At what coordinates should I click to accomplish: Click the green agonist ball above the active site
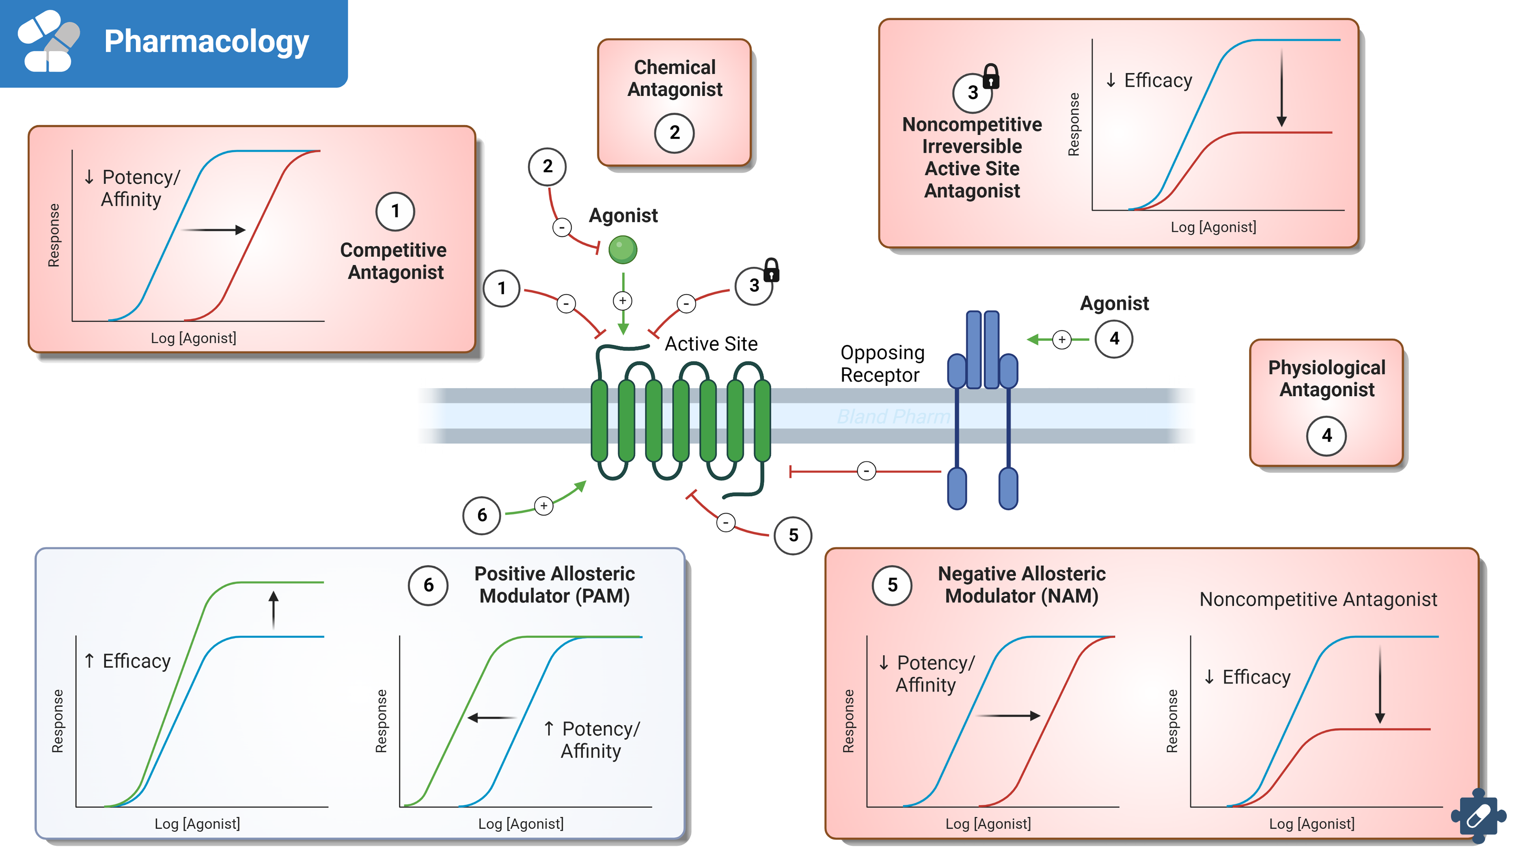pyautogui.click(x=623, y=250)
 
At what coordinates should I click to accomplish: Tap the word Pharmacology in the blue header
pyautogui.click(x=206, y=42)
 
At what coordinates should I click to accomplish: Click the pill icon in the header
pyautogui.click(x=48, y=41)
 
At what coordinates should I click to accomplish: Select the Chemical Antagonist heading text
pyautogui.click(x=675, y=78)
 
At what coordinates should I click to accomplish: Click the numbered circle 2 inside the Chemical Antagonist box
pyautogui.click(x=674, y=133)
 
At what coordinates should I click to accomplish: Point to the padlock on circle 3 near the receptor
pyautogui.click(x=771, y=270)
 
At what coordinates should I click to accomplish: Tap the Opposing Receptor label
pyautogui.click(x=882, y=364)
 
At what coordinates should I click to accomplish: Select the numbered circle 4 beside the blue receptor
pyautogui.click(x=1114, y=339)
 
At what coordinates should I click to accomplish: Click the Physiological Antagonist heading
pyautogui.click(x=1326, y=378)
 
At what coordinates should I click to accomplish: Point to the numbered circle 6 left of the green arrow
pyautogui.click(x=482, y=515)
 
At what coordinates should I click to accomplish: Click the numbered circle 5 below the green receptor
pyautogui.click(x=793, y=535)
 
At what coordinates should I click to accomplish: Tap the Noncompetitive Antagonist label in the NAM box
pyautogui.click(x=1318, y=599)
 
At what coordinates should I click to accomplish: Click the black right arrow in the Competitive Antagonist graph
pyautogui.click(x=213, y=230)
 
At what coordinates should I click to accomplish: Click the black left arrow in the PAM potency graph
pyautogui.click(x=491, y=717)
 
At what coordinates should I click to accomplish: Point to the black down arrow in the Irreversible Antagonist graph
pyautogui.click(x=1282, y=88)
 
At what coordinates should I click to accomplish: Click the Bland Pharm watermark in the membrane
pyautogui.click(x=893, y=416)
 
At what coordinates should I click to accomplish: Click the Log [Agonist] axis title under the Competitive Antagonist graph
pyautogui.click(x=193, y=338)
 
